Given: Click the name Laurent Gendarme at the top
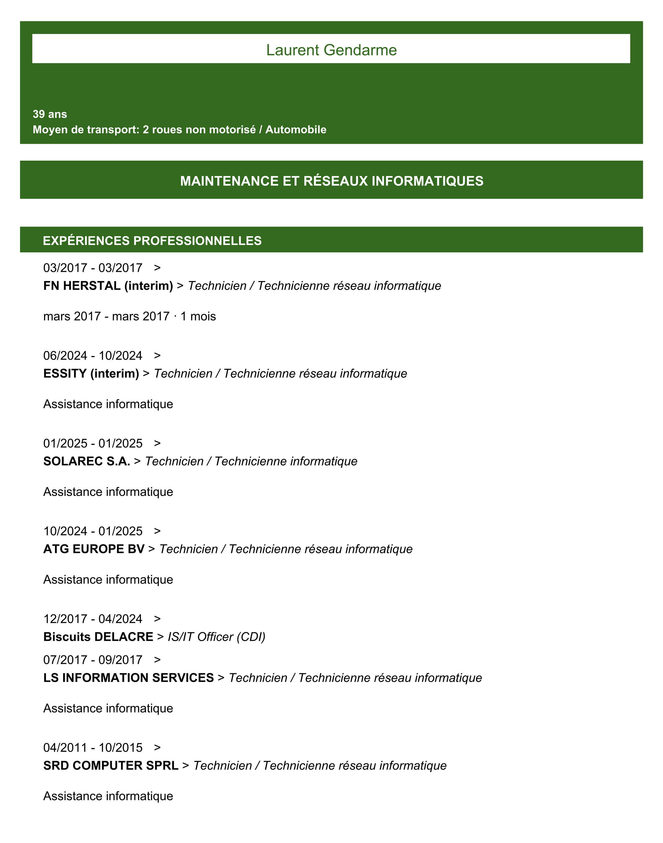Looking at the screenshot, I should pyautogui.click(x=331, y=50).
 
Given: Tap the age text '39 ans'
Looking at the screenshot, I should pyautogui.click(x=50, y=114).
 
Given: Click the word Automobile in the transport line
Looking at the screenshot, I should pyautogui.click(x=296, y=130).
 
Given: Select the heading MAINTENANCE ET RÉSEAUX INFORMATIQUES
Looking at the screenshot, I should pyautogui.click(x=331, y=181).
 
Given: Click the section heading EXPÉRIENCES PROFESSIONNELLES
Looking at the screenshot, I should pyautogui.click(x=152, y=241).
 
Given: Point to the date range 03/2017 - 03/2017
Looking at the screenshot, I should pyautogui.click(x=93, y=268).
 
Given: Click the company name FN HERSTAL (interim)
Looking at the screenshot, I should pyautogui.click(x=108, y=286).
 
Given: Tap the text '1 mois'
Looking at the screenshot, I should pyautogui.click(x=198, y=316).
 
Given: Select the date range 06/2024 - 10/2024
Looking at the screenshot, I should pyautogui.click(x=93, y=356).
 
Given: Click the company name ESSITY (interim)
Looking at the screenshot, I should pyautogui.click(x=91, y=373).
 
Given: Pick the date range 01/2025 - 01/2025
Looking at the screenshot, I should pyautogui.click(x=93, y=443).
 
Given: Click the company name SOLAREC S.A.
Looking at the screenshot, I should pyautogui.click(x=87, y=461).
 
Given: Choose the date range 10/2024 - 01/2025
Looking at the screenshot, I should pyautogui.click(x=93, y=531).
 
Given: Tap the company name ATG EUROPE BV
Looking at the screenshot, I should pyautogui.click(x=94, y=549).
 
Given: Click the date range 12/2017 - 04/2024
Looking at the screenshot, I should pyautogui.click(x=93, y=619).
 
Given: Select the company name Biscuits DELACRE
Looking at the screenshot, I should pyautogui.click(x=98, y=637).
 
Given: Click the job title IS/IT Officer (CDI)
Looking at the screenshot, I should pyautogui.click(x=216, y=637).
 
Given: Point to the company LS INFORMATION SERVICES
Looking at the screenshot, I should pyautogui.click(x=129, y=678).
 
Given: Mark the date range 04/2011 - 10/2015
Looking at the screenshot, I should pyautogui.click(x=93, y=748).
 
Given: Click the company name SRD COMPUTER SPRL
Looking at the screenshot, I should pyautogui.click(x=111, y=765).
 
